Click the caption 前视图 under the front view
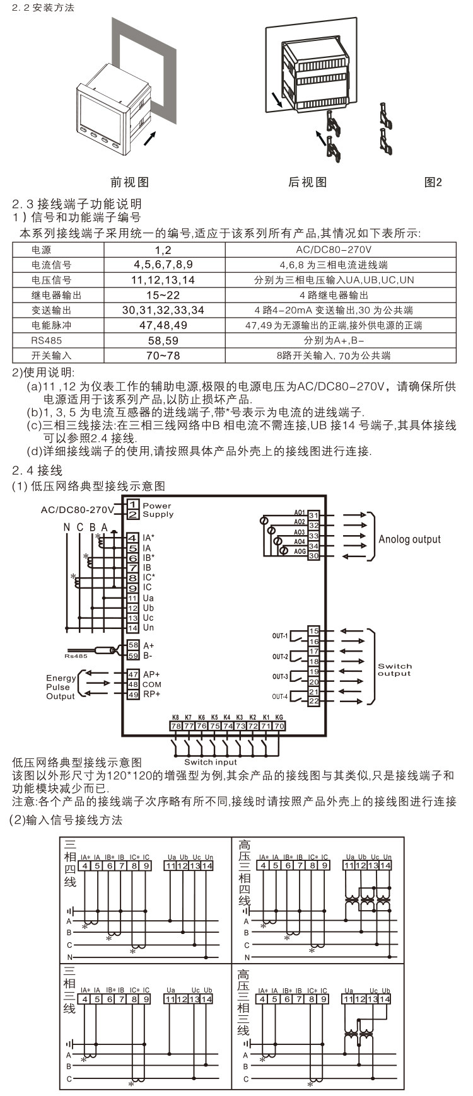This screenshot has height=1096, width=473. coord(130,182)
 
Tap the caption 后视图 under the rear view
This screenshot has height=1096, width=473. coord(308,182)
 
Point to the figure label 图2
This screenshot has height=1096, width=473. coord(433,182)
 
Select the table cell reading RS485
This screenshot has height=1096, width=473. coord(43,340)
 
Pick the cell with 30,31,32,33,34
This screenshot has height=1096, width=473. coord(163,310)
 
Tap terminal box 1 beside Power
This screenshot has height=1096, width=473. coord(133,505)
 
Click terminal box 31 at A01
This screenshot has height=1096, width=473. coord(313,516)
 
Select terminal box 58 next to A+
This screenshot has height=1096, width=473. coord(133,645)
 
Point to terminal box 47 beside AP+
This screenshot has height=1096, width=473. coord(133,674)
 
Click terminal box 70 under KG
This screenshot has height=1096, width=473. coord(279,725)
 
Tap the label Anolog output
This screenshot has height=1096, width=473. coord(409,539)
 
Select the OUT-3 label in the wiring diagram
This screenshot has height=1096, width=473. coord(280,677)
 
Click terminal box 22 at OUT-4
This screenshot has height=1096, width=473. coord(313,701)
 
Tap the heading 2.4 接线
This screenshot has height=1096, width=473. coord(38,471)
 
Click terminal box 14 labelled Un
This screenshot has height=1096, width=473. coord(133,628)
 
